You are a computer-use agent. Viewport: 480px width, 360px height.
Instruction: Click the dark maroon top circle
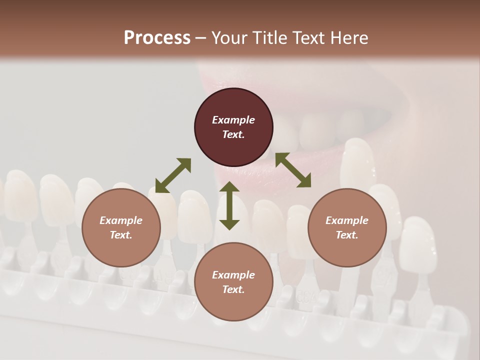coord(233,127)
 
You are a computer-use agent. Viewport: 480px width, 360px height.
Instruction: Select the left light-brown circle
coord(121,228)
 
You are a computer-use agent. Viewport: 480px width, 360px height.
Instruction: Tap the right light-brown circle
coord(347,228)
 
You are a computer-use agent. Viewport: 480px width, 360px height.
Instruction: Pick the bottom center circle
coord(233,282)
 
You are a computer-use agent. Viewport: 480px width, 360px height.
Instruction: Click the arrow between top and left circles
coord(173,175)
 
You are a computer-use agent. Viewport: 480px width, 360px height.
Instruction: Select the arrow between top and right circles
coord(293,170)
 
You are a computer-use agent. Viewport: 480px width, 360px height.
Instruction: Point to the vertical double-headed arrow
coord(229,205)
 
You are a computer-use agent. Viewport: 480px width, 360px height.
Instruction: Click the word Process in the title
coord(157,38)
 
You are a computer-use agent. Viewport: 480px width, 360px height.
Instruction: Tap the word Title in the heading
coord(268,38)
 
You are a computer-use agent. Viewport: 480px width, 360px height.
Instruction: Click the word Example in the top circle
coord(233,120)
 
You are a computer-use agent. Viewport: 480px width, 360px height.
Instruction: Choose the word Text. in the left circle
coord(121,235)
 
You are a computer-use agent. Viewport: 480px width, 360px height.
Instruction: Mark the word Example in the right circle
coord(347,220)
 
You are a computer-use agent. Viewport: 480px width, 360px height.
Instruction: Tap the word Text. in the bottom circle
coord(233,289)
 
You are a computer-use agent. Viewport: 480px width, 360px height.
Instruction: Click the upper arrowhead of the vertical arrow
coord(229,187)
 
